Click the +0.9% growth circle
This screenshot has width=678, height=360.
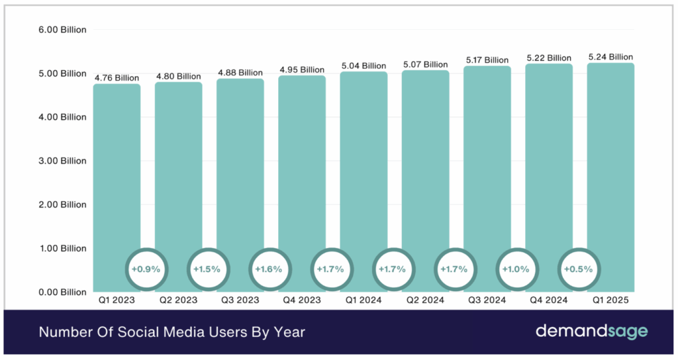[146, 269]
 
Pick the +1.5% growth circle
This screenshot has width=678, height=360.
[208, 269]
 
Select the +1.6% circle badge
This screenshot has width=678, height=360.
[269, 269]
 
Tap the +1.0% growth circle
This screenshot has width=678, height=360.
[516, 269]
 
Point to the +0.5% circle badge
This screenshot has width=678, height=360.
[579, 269]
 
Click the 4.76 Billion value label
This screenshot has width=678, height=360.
[117, 78]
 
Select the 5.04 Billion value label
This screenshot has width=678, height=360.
[363, 66]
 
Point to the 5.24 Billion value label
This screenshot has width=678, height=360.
[610, 58]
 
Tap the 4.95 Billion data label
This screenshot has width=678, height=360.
[302, 69]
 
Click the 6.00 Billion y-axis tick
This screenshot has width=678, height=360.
[61, 30]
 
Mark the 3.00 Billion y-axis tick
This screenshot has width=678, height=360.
[61, 161]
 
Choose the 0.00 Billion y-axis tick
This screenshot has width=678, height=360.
[61, 292]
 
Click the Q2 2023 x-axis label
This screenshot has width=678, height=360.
[179, 300]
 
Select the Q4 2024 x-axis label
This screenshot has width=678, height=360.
[549, 300]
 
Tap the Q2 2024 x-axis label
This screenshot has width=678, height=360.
[425, 300]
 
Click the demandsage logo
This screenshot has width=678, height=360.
[591, 332]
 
